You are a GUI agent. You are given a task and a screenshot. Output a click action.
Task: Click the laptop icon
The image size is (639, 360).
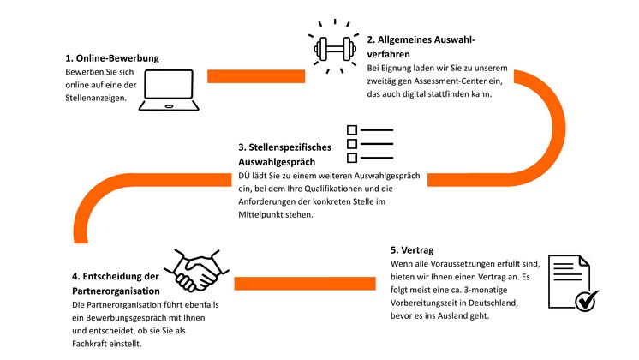pyautogui.click(x=170, y=89)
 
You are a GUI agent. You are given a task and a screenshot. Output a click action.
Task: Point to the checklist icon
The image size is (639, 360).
pyautogui.click(x=369, y=144)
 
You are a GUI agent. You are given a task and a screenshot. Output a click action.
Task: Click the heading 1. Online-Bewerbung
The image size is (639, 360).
pyautogui.click(x=112, y=58)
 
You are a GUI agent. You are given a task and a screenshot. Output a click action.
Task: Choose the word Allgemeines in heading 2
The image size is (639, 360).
pyautogui.click(x=415, y=39)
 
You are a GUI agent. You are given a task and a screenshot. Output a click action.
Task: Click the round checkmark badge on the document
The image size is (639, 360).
pyautogui.click(x=586, y=299)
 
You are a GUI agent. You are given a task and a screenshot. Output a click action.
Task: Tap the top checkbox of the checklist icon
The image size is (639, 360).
pyautogui.click(x=351, y=130)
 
